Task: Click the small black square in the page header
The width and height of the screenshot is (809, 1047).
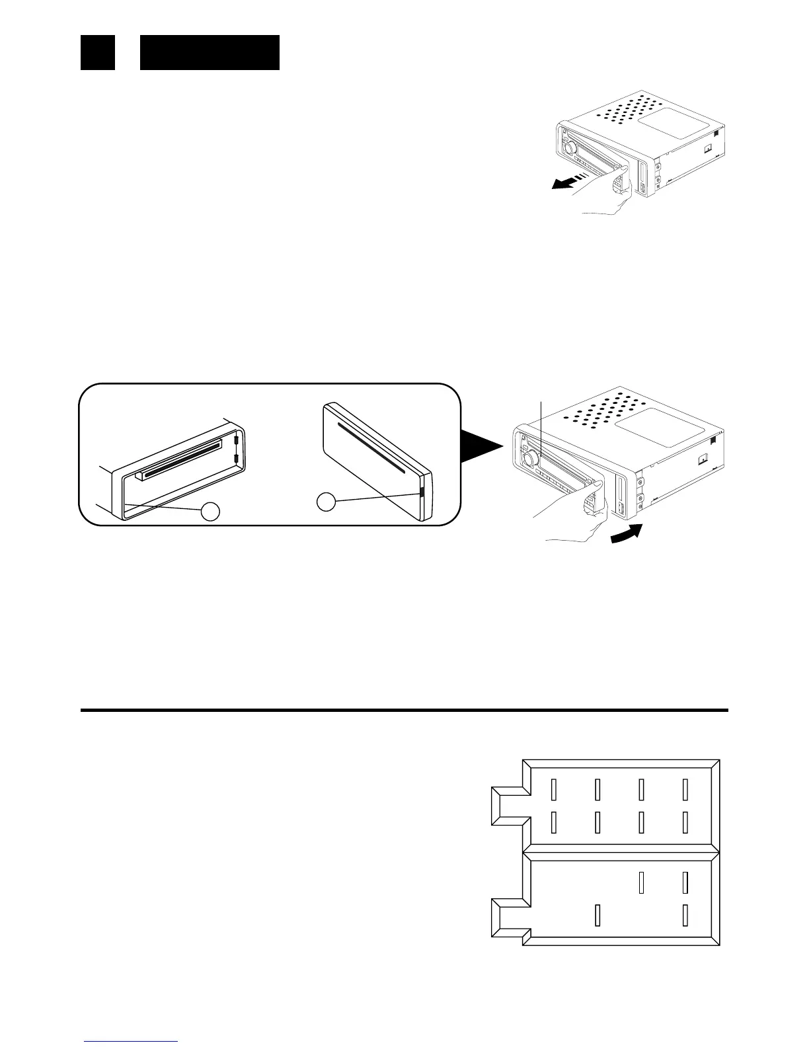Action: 98,52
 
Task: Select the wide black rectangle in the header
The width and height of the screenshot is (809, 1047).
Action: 210,52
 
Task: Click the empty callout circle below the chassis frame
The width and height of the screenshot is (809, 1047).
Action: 211,512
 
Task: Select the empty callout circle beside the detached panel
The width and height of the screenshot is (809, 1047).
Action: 325,502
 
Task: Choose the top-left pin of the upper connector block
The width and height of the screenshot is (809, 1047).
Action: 554,789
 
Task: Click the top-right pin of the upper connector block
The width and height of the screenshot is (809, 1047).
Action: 685,789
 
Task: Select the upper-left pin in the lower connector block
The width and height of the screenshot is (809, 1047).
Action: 641,883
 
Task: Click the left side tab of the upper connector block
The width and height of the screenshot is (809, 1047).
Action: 509,806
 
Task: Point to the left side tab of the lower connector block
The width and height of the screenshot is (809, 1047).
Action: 509,919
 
